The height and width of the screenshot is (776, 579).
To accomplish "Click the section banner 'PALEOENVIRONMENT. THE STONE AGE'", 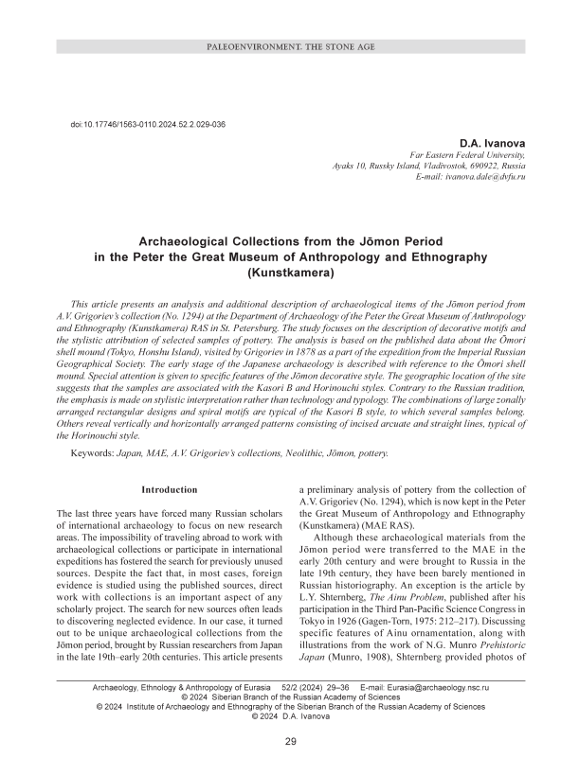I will pyautogui.click(x=288, y=46).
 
